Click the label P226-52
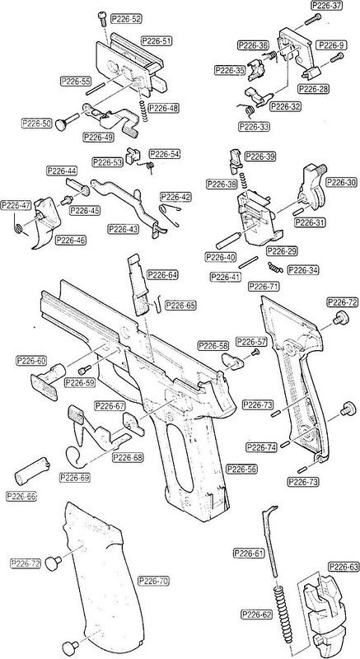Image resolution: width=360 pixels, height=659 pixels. pos(125,18)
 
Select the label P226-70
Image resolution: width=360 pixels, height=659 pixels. pos(153,581)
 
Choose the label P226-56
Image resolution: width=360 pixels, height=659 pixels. pos(241,469)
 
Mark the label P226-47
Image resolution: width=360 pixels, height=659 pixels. pos(16,205)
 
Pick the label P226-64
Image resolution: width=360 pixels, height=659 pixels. pos(161,274)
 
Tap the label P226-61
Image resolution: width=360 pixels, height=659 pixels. pos(249,552)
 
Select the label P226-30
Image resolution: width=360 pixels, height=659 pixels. pos(340,183)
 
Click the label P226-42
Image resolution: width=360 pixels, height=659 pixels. pos(175,198)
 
